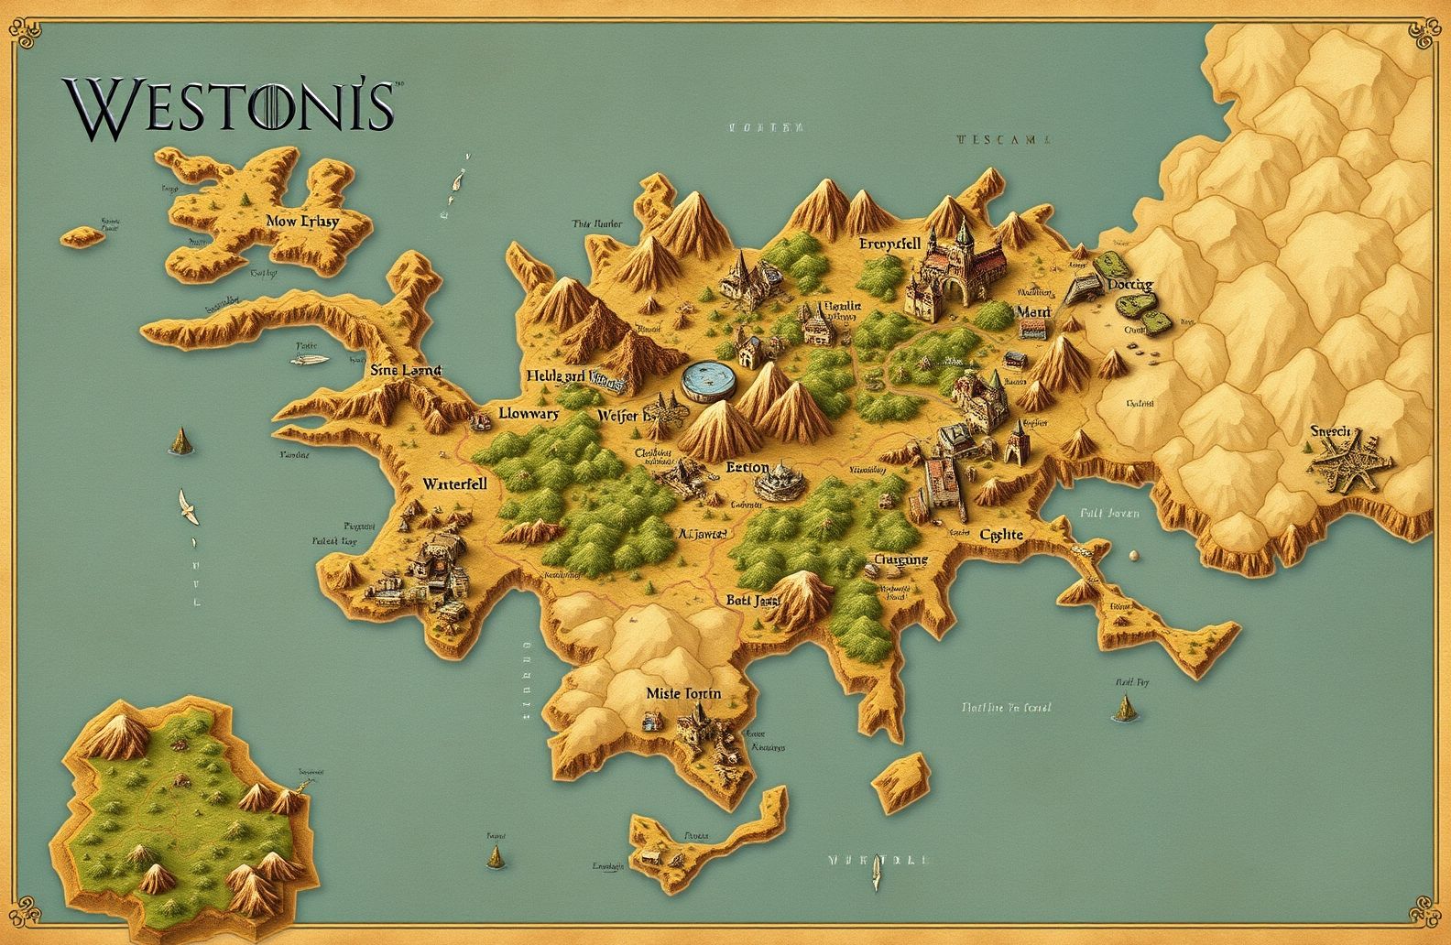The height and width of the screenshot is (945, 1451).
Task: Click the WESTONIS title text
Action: [229, 108]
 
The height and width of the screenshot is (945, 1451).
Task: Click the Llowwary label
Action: [529, 413]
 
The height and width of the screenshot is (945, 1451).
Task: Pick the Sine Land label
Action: [407, 371]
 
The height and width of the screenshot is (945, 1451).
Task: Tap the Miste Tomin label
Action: [683, 693]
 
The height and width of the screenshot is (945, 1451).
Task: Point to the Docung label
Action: [1129, 285]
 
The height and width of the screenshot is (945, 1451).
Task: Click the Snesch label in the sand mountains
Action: [1336, 431]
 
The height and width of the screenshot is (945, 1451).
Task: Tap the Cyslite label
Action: [1000, 534]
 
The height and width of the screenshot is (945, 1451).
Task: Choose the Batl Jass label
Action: [746, 601]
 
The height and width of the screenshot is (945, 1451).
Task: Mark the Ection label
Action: [747, 467]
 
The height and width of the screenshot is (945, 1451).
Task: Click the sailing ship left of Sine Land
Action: [309, 359]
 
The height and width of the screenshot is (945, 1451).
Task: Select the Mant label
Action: [1033, 311]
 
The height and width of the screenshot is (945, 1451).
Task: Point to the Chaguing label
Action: [900, 559]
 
